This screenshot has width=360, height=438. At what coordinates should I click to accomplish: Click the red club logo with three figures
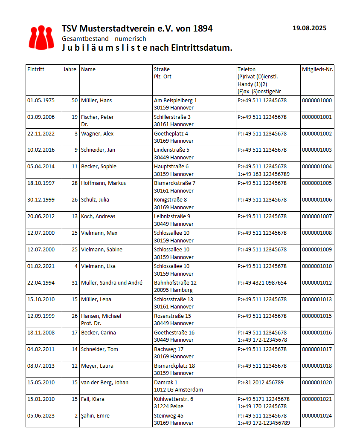[41, 37]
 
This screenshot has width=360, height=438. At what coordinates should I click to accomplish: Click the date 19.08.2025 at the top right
[309, 28]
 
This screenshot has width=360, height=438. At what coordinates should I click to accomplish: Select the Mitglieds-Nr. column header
[317, 69]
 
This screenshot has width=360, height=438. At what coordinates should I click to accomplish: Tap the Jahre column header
[70, 69]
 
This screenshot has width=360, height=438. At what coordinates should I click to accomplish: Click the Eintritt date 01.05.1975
[41, 101]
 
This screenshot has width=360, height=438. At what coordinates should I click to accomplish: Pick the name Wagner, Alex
[97, 134]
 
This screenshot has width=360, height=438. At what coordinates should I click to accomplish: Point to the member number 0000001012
[316, 283]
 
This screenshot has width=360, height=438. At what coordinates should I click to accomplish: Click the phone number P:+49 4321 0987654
[262, 283]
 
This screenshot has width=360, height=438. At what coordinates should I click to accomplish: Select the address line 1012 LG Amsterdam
[178, 389]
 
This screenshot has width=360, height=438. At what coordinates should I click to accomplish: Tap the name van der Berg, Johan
[105, 382]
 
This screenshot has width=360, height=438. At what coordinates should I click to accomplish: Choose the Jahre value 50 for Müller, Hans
[74, 101]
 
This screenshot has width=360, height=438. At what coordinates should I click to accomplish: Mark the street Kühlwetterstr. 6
[174, 399]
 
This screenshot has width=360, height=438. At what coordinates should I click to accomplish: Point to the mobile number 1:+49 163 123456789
[263, 174]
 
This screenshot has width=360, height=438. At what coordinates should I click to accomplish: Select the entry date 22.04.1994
[41, 283]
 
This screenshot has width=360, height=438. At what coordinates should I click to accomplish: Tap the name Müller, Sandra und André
[112, 283]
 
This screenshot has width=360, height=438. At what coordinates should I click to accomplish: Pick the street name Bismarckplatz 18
[174, 366]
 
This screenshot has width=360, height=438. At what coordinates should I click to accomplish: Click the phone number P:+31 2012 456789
[260, 383]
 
